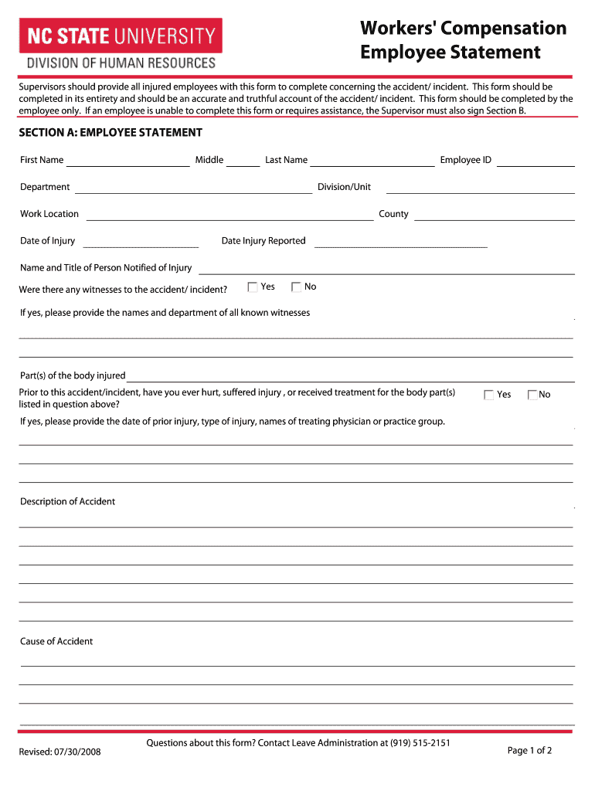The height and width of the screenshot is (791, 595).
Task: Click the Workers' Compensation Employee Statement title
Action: [463, 40]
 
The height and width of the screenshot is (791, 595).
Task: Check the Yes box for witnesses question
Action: [253, 287]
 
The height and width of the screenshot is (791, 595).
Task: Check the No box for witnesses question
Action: [296, 287]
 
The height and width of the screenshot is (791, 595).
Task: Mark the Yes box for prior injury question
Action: [488, 395]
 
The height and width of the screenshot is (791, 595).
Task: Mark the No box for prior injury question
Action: [532, 395]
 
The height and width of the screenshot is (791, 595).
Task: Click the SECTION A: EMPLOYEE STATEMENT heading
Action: [111, 133]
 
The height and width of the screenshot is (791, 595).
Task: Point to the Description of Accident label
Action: [67, 501]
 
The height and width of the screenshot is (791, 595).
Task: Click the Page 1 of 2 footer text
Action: [529, 751]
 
